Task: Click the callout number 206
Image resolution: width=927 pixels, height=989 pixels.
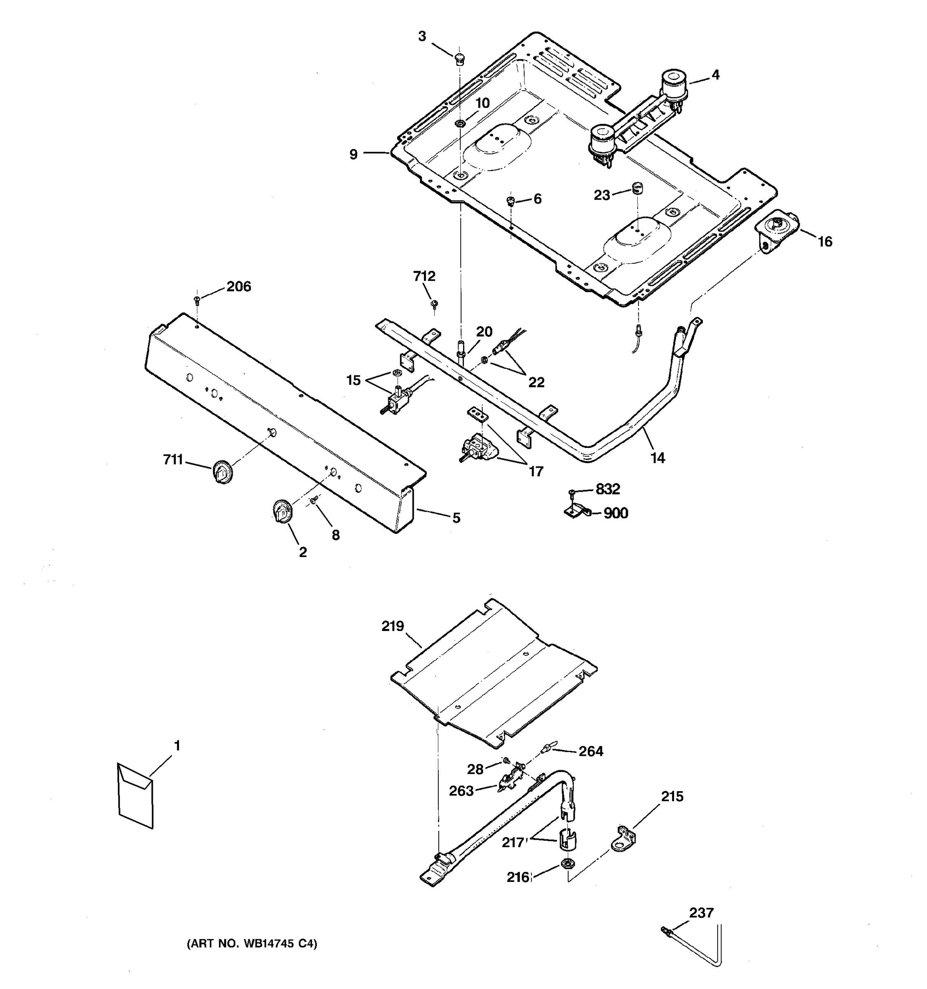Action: point(239,286)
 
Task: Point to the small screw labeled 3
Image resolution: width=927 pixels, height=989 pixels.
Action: point(459,58)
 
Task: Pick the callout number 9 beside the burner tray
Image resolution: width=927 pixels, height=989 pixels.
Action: point(353,154)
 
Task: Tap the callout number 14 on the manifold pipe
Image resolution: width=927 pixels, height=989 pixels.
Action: point(658,458)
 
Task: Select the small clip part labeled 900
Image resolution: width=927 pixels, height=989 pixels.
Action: point(577,511)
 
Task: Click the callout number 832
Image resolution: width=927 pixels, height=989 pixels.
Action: point(608,489)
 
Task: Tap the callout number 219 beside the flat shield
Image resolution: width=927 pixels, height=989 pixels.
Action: point(393,626)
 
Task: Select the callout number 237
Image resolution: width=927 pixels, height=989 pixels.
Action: point(701,912)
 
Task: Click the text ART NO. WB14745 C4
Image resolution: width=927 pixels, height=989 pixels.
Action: point(252,943)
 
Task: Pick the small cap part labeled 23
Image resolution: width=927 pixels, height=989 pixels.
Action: point(637,188)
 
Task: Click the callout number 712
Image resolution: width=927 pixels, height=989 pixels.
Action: point(424,276)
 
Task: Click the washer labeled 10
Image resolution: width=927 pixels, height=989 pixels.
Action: point(460,123)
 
